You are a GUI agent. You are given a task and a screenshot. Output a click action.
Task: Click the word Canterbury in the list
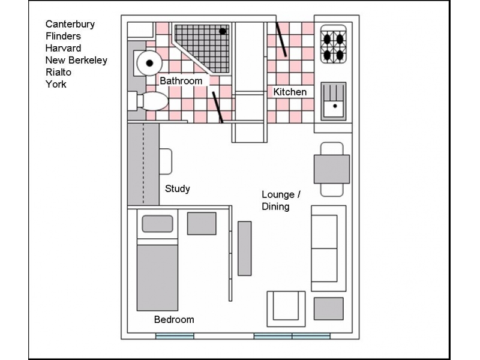coord(70,24)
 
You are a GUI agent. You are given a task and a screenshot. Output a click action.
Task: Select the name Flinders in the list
coord(63,36)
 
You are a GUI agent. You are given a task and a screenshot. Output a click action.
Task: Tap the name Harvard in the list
coord(63,48)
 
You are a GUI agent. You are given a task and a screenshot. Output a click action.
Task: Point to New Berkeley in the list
coord(76,60)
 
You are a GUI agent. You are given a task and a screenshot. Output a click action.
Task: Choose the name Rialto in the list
coord(59,72)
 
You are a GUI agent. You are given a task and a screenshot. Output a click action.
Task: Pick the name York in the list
coord(56,84)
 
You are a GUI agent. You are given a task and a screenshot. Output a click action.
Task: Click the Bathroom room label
coord(181,80)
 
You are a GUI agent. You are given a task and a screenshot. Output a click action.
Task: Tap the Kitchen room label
coord(290,92)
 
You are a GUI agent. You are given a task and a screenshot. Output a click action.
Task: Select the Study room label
coord(178,188)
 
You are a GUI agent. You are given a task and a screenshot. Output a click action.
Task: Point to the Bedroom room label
coord(174,319)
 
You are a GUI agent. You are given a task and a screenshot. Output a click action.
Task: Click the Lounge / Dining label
coord(281,200)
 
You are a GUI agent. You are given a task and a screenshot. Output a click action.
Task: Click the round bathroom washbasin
coord(147,62)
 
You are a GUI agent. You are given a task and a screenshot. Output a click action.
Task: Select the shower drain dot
coord(223,31)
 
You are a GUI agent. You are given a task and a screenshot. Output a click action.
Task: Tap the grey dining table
coord(332,169)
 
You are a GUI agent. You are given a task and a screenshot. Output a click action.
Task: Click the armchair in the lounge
coord(286,308)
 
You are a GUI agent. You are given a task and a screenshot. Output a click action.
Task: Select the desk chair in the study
coord(166,161)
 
